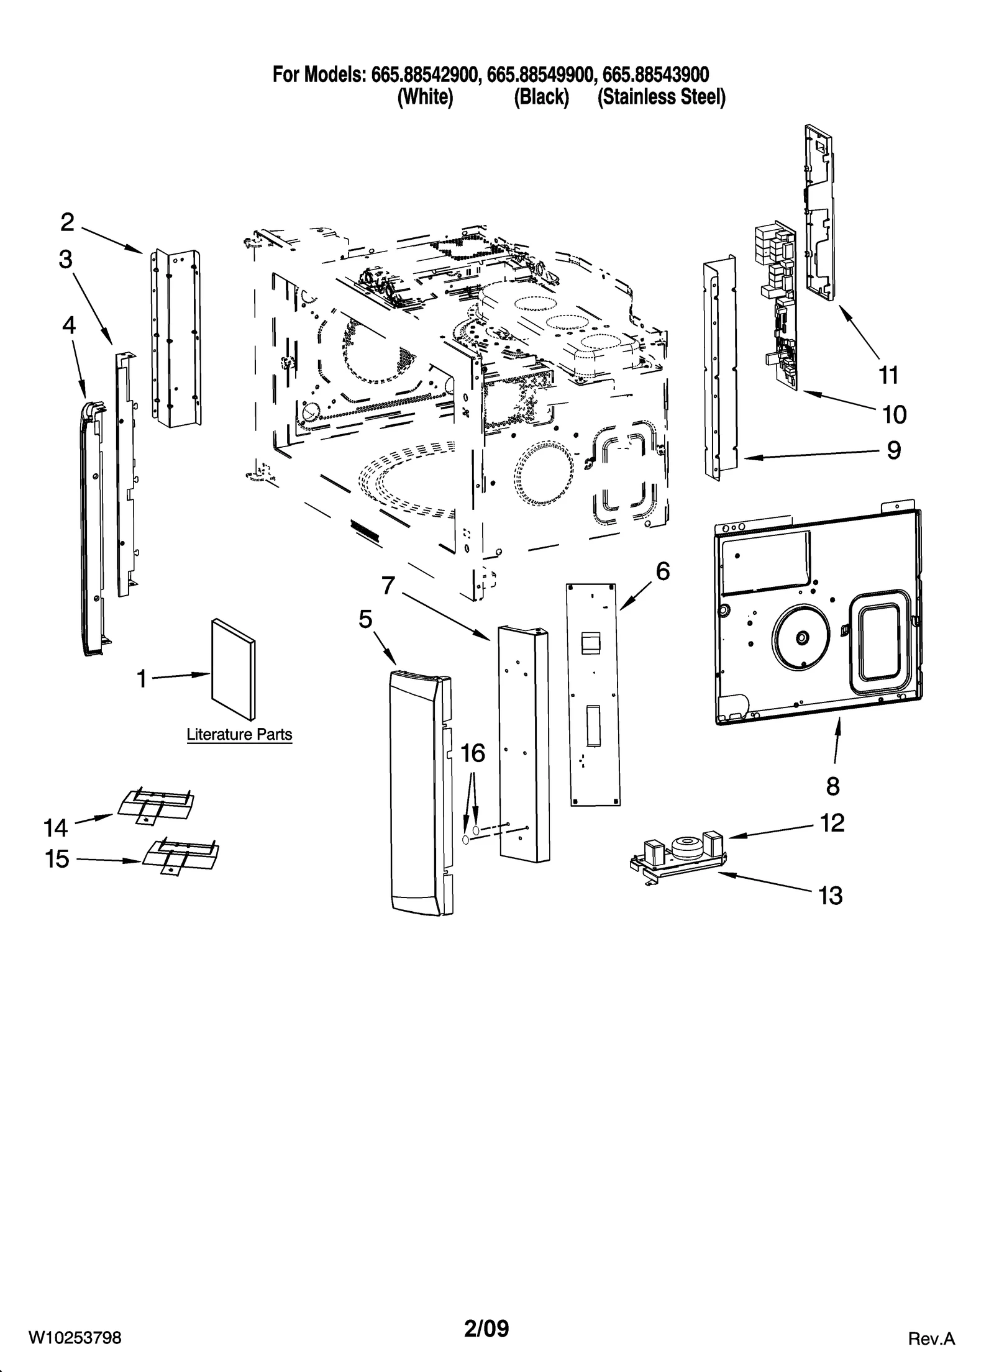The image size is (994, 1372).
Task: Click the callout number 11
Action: coord(888,375)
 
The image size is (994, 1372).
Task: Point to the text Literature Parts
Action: coord(239,734)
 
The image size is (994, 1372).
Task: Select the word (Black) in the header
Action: coord(541,98)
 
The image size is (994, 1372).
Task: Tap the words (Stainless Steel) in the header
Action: coord(661,98)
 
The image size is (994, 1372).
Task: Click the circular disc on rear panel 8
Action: coord(801,637)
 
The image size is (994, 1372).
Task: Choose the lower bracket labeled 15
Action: coord(181,855)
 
